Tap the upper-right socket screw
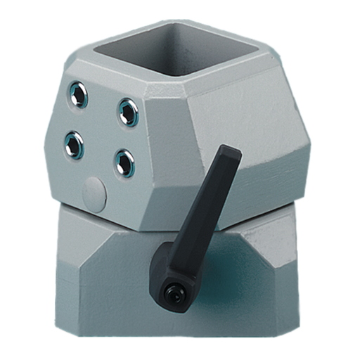tap(127, 110)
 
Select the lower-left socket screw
tap(74, 145)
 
